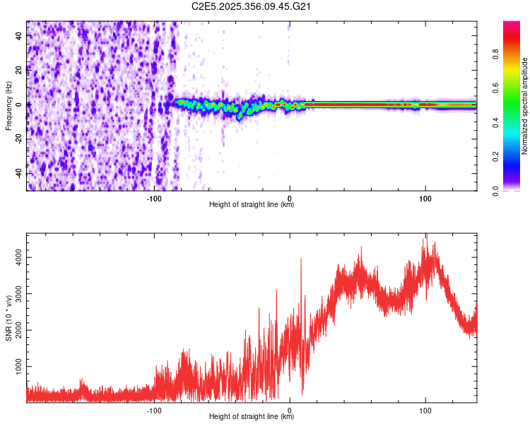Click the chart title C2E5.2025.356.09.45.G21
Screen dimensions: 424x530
coord(252,6)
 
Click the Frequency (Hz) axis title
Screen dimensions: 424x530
coord(8,105)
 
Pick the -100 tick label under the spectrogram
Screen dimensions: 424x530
coord(155,199)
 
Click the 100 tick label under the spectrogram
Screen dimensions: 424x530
coord(425,199)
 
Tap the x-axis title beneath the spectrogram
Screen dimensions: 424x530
coord(252,205)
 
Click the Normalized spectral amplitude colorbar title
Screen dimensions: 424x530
coord(525,106)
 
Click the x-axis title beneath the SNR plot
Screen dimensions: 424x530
coord(252,417)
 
